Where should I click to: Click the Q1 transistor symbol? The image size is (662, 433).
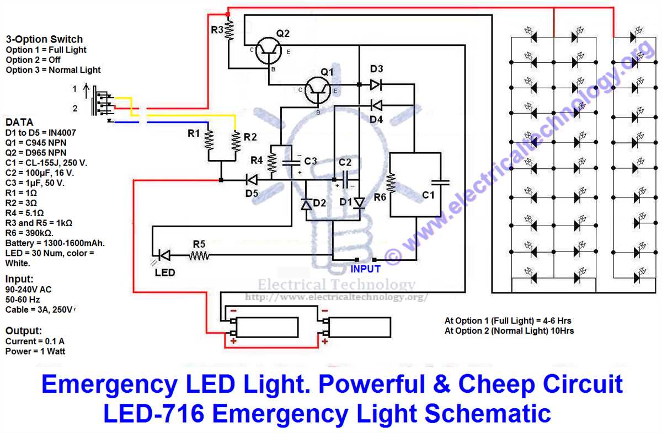(x=318, y=90)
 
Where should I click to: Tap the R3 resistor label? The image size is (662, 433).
(x=217, y=30)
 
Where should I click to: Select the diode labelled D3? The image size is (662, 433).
(x=376, y=84)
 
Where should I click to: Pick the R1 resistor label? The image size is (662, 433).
(x=194, y=133)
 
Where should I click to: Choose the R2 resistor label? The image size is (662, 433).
(x=250, y=136)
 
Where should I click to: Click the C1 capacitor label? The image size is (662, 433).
(x=428, y=195)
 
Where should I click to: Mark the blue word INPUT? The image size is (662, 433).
(x=366, y=269)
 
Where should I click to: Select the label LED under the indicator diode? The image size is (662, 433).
(x=165, y=272)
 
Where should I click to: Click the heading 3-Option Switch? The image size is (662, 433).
(x=44, y=39)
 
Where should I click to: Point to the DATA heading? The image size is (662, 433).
(x=19, y=122)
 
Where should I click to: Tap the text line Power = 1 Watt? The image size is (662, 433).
(x=35, y=351)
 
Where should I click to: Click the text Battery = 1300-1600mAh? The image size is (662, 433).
(x=55, y=243)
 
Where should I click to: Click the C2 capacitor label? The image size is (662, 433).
(x=345, y=162)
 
